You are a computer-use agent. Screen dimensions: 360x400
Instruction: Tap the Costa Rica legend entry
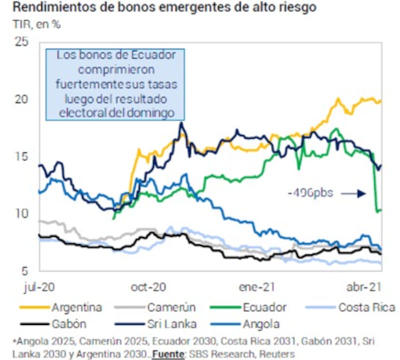[367, 307]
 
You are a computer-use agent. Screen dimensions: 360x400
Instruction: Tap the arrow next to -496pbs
[357, 193]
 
